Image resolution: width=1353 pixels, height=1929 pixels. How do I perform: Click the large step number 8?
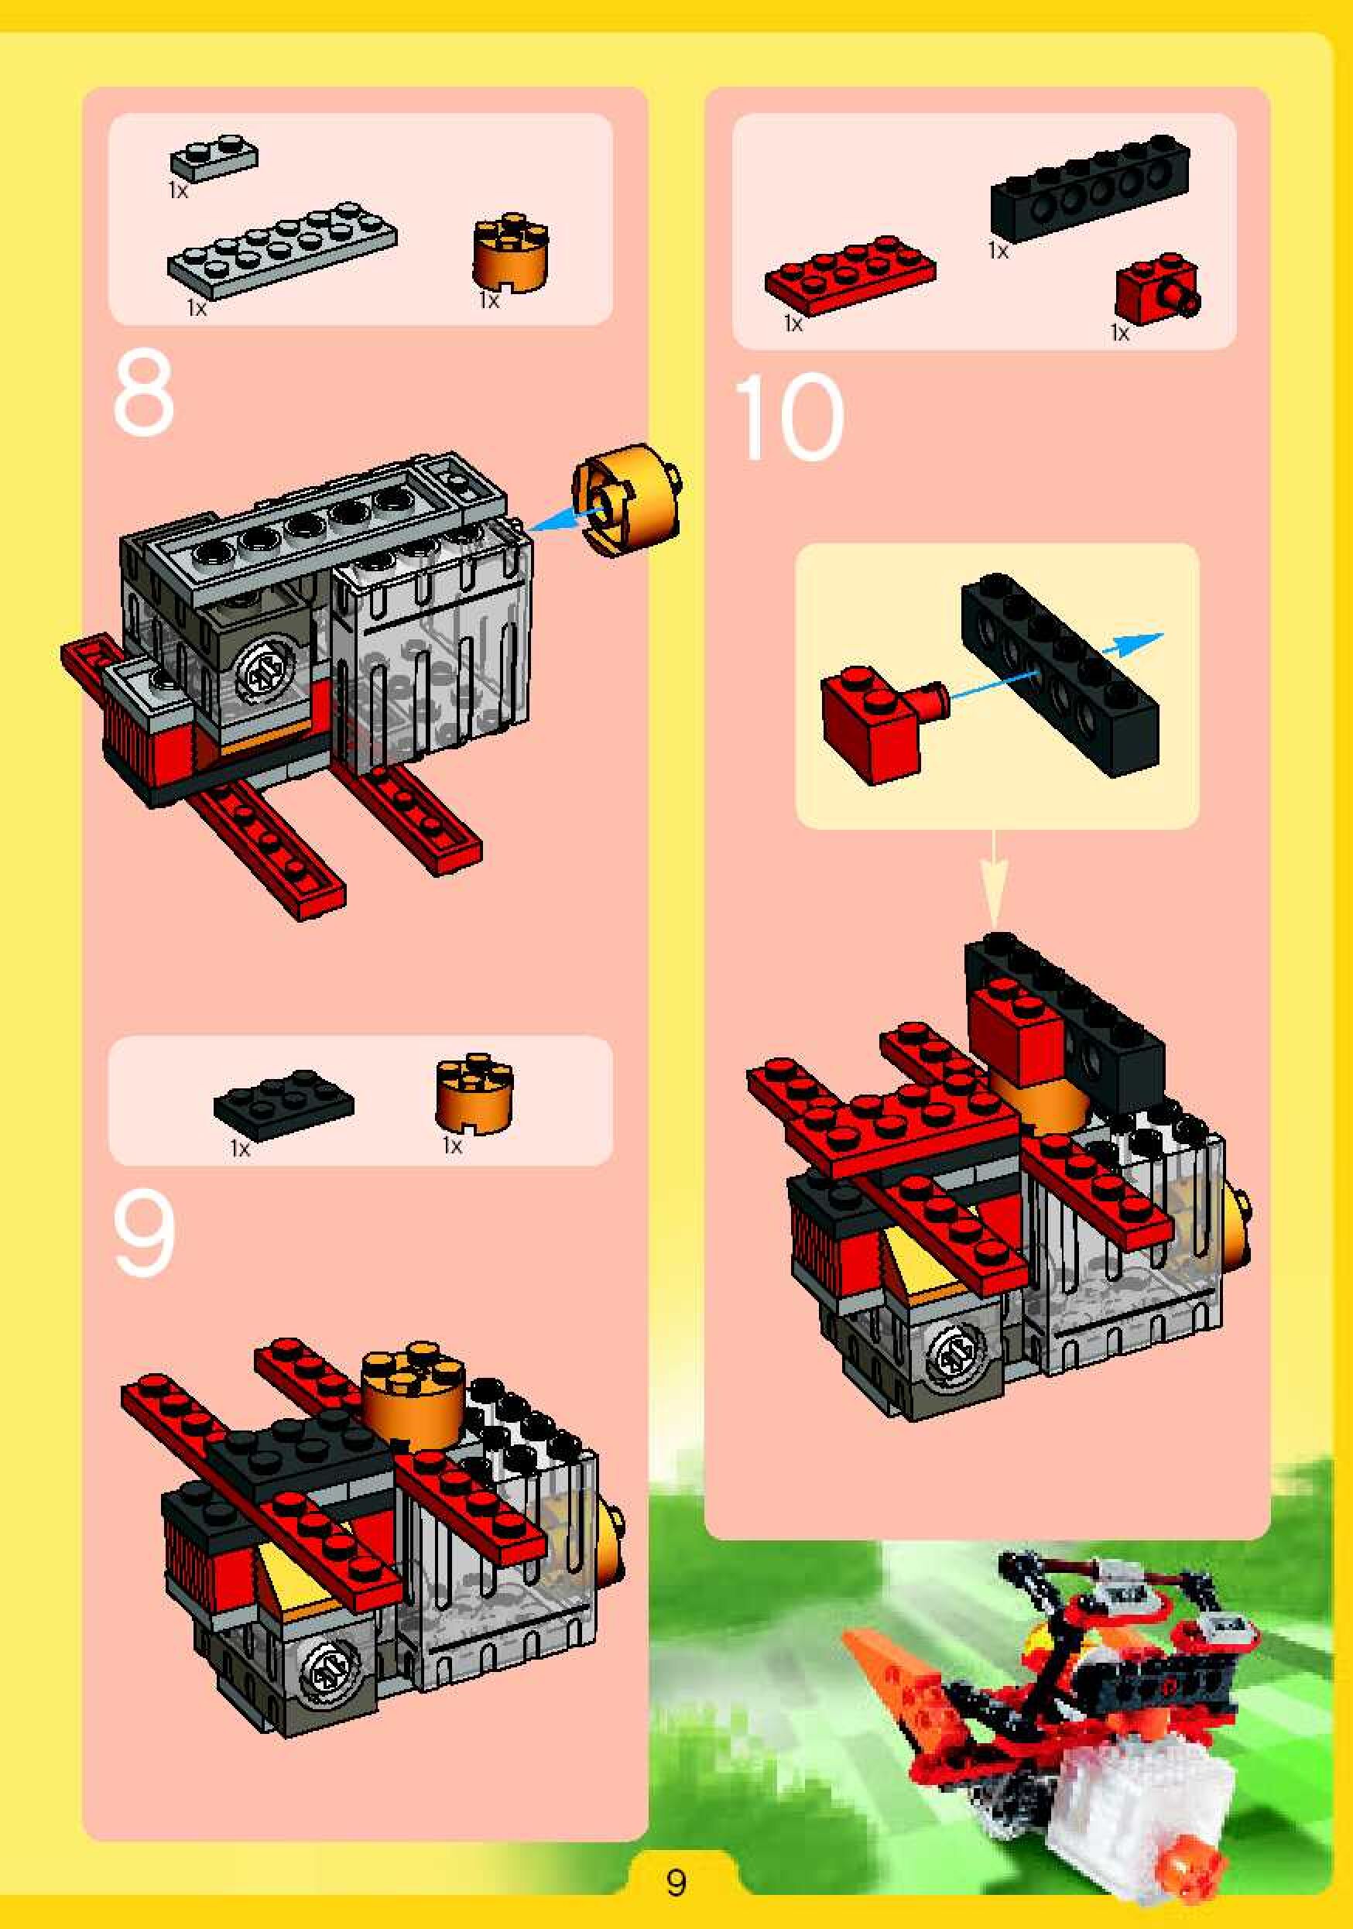click(x=144, y=393)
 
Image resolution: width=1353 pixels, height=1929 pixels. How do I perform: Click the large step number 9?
click(x=144, y=1234)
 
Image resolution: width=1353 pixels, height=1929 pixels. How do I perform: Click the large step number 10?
click(x=789, y=417)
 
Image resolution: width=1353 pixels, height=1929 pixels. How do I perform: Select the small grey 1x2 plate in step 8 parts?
click(x=214, y=156)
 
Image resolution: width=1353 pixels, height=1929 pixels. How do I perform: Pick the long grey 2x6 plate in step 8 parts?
click(x=283, y=250)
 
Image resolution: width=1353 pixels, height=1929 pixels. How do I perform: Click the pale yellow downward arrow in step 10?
click(x=994, y=879)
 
